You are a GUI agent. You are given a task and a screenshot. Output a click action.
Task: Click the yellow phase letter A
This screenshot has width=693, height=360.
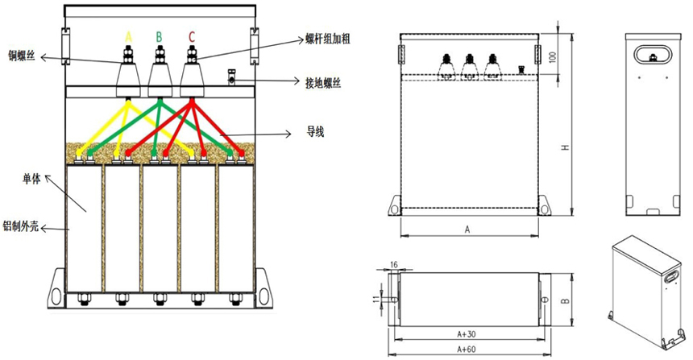[x=127, y=36]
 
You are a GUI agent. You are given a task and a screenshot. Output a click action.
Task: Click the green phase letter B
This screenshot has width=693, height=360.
[x=160, y=36]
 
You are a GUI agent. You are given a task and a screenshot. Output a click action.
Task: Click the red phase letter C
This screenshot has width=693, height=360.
[x=191, y=36]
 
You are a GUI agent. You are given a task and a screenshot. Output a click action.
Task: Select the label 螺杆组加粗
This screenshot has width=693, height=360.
[x=326, y=38]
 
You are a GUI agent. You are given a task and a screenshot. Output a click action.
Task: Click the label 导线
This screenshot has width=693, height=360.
[x=315, y=130]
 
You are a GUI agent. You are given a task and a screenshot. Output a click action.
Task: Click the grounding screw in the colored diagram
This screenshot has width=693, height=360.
[x=231, y=78]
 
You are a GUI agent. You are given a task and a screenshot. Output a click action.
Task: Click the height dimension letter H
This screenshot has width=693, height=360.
[x=566, y=147]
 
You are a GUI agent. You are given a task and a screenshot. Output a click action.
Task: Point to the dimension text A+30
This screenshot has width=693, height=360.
[x=466, y=333]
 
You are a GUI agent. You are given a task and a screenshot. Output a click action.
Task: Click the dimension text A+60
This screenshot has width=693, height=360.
[x=466, y=349]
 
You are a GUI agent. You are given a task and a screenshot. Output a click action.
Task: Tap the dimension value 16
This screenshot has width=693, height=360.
[x=393, y=264]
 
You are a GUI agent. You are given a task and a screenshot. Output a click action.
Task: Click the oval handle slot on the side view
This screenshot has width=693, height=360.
[x=651, y=55]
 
